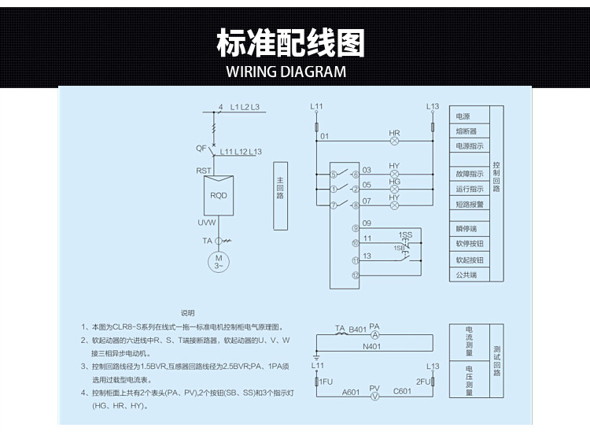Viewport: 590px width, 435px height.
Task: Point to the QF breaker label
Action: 201,148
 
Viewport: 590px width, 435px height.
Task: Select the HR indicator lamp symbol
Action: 395,142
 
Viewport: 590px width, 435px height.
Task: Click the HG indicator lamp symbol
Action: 395,189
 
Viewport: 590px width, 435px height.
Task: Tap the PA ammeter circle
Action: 375,335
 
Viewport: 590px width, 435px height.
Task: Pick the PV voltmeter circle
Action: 375,397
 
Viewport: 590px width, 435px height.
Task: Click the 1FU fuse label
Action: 328,382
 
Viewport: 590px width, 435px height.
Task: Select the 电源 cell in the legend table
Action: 463,116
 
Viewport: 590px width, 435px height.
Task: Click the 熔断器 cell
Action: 466,131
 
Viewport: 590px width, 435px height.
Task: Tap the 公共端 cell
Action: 466,275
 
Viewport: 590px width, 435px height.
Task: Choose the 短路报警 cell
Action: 469,204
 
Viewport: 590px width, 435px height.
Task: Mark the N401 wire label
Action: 372,346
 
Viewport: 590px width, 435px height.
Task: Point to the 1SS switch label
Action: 406,234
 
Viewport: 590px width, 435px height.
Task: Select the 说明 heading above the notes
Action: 187,312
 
